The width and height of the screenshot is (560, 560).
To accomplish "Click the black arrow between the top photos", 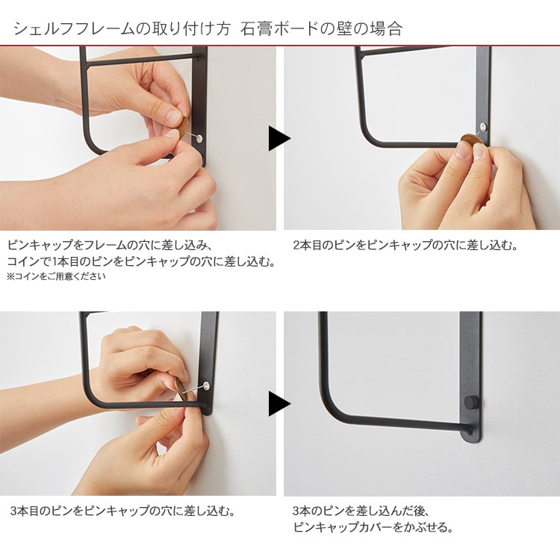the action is click(279, 138).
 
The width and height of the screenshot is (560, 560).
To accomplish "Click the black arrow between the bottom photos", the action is click(279, 404).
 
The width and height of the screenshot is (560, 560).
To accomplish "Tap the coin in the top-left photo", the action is click(183, 127).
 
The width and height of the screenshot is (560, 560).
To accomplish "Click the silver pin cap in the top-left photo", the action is click(199, 139).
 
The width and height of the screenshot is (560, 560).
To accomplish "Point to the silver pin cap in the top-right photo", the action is click(483, 126).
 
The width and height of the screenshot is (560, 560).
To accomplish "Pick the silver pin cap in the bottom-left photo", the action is click(206, 385).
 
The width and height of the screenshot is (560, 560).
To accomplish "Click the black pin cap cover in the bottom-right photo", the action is click(469, 402).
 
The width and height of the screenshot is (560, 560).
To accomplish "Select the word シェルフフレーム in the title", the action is click(74, 29).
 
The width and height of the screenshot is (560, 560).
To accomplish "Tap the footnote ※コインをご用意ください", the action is click(57, 276).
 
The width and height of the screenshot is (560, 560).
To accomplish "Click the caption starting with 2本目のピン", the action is click(405, 246).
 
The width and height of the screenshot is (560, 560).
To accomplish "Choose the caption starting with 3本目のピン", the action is click(122, 511).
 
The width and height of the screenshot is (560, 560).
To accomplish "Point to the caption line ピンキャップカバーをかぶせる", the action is click(373, 527).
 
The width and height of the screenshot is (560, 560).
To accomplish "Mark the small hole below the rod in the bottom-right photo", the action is click(470, 433).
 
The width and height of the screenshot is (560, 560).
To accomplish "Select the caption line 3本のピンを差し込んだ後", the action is click(361, 511).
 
